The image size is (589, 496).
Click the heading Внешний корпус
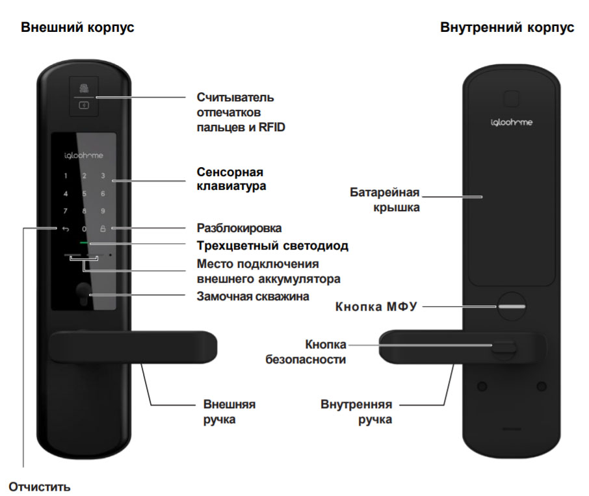[x=78, y=28]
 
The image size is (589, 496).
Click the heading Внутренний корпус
[x=507, y=28]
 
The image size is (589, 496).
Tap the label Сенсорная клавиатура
[x=230, y=179]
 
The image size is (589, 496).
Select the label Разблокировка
[x=239, y=228]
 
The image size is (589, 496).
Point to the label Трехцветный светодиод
[x=272, y=246]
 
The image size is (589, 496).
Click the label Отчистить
[x=40, y=486]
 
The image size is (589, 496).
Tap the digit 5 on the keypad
[x=84, y=194]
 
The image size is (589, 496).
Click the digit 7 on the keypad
[x=65, y=211]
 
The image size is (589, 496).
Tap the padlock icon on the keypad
[x=103, y=229]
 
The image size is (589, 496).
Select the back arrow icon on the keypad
[x=65, y=229]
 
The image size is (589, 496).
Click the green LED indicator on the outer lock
[x=84, y=244]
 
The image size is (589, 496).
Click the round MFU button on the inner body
[x=512, y=306]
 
